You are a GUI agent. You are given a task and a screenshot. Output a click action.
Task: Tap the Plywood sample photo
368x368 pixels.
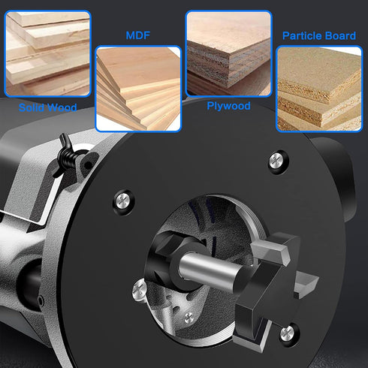tap(228, 53)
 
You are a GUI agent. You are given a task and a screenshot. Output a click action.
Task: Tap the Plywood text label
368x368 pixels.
tap(228, 106)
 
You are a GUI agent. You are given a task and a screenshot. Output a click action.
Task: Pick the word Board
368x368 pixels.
tap(339, 35)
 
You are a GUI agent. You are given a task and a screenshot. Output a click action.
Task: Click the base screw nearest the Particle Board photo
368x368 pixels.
tap(278, 159)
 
